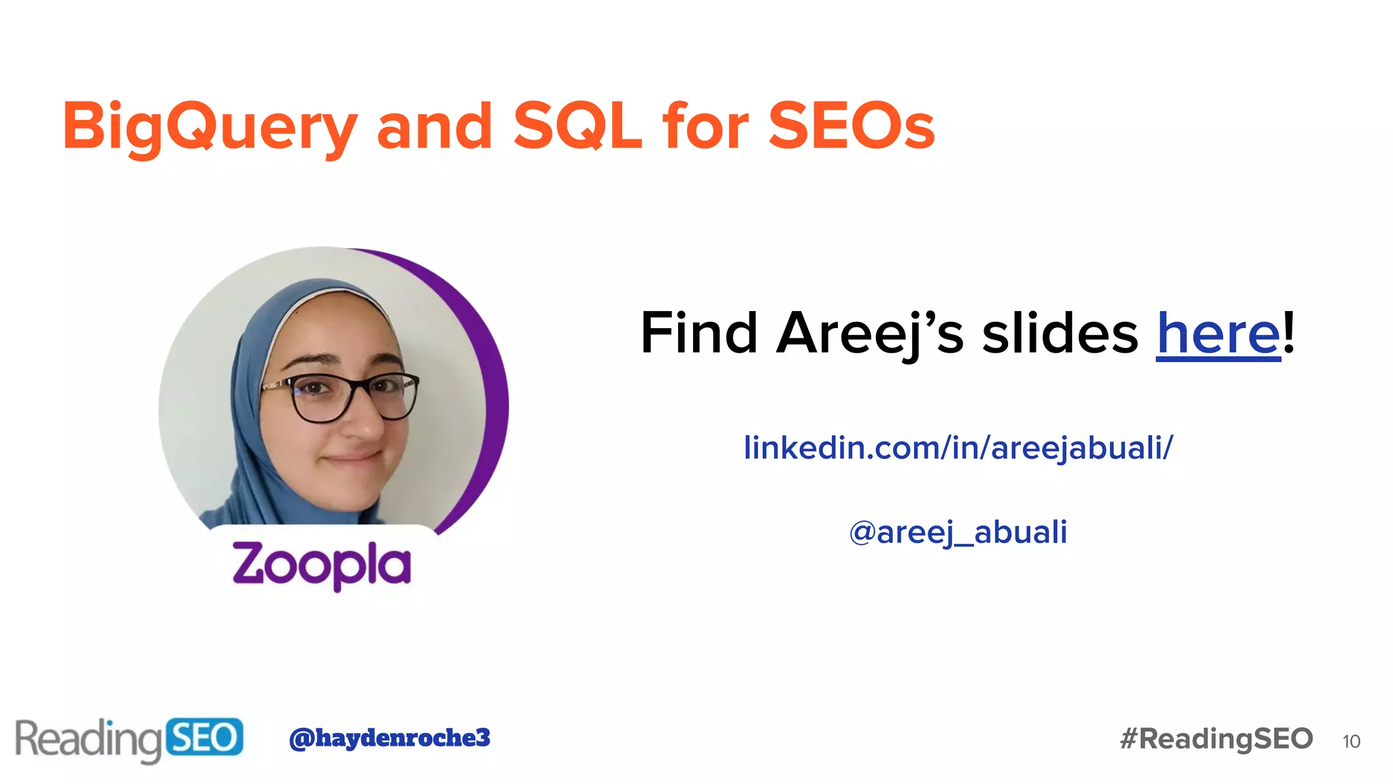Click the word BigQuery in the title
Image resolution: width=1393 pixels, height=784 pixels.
click(x=209, y=127)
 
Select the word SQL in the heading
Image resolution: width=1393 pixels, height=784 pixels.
click(x=577, y=126)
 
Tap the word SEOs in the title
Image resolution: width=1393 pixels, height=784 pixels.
click(x=851, y=126)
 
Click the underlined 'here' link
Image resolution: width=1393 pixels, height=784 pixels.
click(x=1218, y=333)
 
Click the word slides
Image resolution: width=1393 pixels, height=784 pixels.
click(x=1060, y=333)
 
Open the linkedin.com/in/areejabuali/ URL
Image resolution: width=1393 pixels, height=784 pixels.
click(x=958, y=448)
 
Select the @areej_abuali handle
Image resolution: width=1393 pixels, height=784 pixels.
click(x=958, y=532)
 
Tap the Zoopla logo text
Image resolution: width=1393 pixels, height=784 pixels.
click(x=322, y=564)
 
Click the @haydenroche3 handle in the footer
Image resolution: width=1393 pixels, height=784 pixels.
click(x=389, y=738)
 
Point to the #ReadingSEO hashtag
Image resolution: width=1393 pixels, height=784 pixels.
click(x=1216, y=739)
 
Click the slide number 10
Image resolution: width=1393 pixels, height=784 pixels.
click(x=1351, y=741)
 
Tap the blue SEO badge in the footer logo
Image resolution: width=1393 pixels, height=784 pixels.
click(x=203, y=737)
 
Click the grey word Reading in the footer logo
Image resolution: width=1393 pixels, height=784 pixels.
click(x=88, y=739)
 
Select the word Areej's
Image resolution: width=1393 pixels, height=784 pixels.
click(x=870, y=333)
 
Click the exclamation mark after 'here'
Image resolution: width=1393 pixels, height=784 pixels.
click(x=1289, y=332)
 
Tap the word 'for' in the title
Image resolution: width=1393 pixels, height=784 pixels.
click(x=705, y=126)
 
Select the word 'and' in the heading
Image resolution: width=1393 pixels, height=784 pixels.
click(x=435, y=126)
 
